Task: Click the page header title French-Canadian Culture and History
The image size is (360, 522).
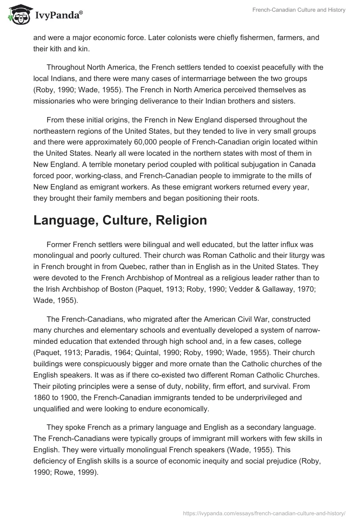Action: pyautogui.click(x=305, y=10)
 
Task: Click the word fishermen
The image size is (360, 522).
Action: pyautogui.click(x=232, y=38)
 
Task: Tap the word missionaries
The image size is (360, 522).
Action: pyautogui.click(x=58, y=101)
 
